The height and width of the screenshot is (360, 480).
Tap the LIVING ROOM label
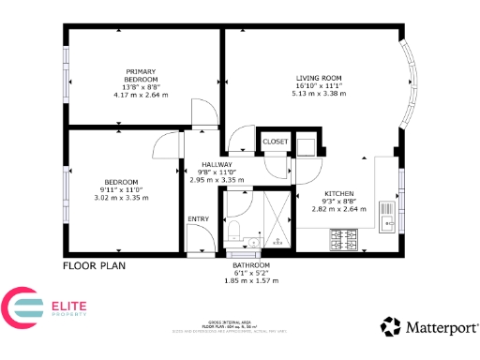pos(319,77)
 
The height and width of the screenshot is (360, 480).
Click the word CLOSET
pos(276,142)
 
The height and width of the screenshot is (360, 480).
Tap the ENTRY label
pos(198,219)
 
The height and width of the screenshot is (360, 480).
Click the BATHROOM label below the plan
pos(251,265)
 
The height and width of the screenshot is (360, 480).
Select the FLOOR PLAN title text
pos(94,265)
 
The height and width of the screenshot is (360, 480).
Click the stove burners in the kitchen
pos(345,241)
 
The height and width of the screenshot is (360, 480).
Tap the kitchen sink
pos(386,221)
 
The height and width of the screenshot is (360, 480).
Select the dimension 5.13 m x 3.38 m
pos(319,94)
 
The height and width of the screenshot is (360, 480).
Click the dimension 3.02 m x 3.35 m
pos(122,198)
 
